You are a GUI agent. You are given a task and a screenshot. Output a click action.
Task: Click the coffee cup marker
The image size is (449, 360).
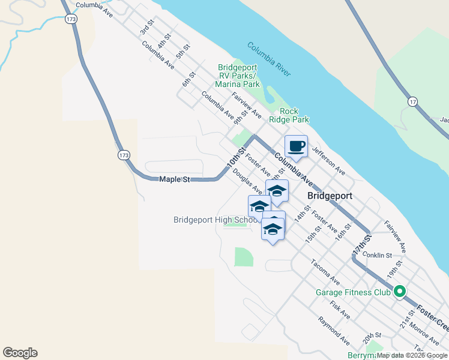(x=296, y=145)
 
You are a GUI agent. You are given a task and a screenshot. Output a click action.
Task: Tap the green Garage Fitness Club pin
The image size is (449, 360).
(x=400, y=293)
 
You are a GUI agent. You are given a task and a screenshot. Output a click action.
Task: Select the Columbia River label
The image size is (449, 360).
(x=268, y=59)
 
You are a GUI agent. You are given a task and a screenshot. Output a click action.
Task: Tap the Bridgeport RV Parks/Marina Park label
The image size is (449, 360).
(x=239, y=76)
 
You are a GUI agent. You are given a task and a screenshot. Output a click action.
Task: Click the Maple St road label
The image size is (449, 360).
(x=174, y=179)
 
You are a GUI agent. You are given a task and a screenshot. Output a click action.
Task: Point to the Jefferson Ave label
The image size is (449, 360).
(x=328, y=162)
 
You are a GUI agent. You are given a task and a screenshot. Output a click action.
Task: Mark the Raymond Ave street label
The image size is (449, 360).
(x=334, y=331)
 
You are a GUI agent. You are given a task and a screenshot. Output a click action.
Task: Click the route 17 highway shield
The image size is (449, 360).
(x=412, y=103)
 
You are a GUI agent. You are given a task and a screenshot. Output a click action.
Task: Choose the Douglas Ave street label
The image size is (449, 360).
(x=248, y=181)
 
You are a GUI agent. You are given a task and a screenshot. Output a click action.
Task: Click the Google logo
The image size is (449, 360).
(x=20, y=353)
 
